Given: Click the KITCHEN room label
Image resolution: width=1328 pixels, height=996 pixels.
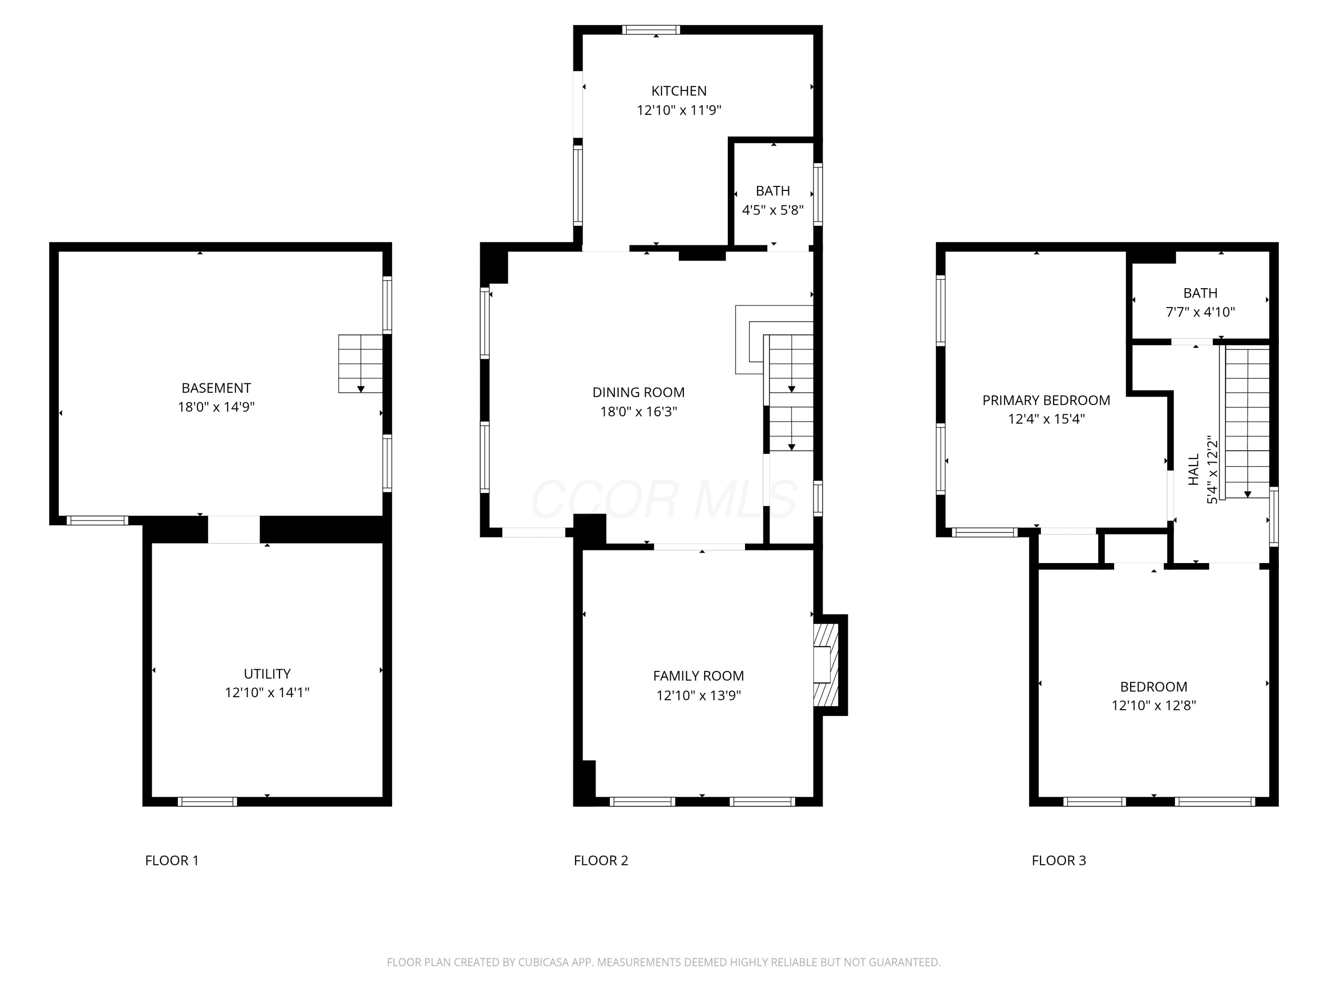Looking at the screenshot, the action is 679,91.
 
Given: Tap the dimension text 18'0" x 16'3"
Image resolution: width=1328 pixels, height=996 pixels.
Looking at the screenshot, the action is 638,412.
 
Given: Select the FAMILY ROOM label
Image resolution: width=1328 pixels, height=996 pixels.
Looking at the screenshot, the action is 698,676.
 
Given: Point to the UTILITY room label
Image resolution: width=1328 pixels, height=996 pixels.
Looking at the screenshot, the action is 267,674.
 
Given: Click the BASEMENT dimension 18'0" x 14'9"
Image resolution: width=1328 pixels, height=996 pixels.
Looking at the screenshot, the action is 216,407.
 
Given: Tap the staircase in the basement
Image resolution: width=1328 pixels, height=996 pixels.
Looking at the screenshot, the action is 360,364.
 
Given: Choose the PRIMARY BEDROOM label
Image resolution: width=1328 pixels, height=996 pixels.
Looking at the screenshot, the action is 1046,401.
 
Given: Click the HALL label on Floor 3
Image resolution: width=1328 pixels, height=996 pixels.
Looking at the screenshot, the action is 1193,470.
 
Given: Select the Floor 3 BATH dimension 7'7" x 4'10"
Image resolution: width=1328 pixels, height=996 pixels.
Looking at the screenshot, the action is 1200,312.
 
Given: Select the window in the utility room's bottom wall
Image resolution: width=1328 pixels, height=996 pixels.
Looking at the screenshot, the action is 208,802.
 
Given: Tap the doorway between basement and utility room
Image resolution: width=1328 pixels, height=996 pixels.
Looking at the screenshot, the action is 234,529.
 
